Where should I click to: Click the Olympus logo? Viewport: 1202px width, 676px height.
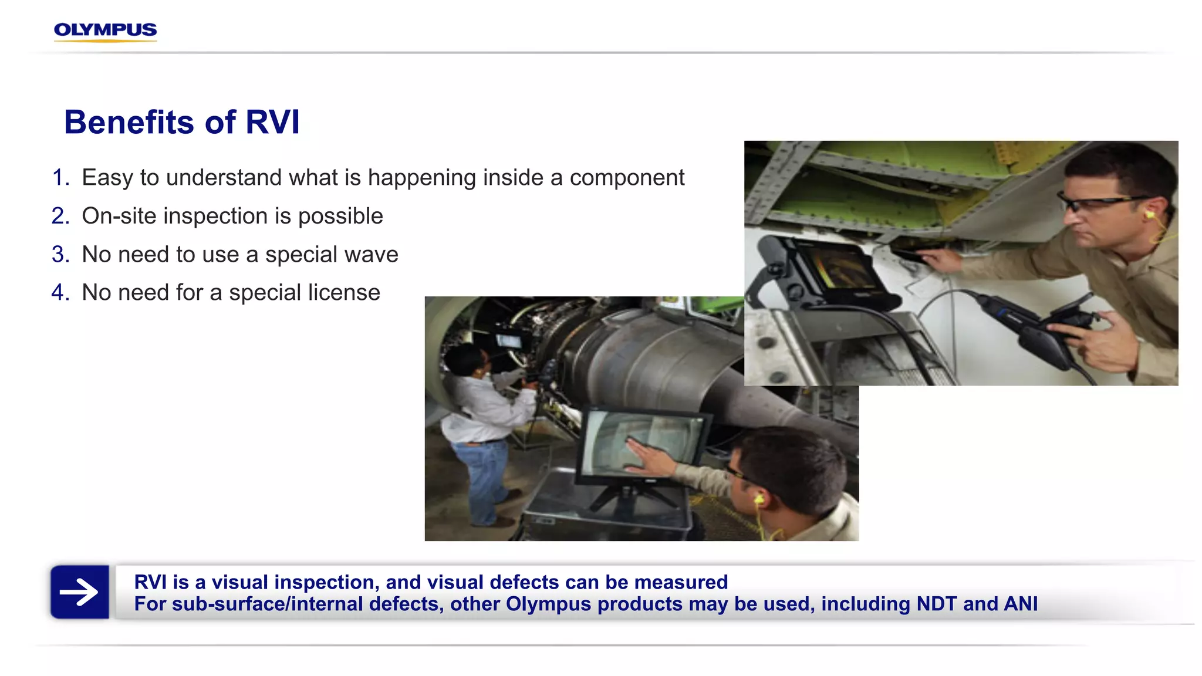coord(105,31)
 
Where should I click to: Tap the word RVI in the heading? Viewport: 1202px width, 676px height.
coord(272,123)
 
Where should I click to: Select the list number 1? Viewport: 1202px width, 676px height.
coord(59,178)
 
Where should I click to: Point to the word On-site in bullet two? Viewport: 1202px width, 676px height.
coord(119,216)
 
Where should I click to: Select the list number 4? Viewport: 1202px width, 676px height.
coord(59,293)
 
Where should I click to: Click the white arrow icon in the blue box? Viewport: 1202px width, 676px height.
coord(79,591)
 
